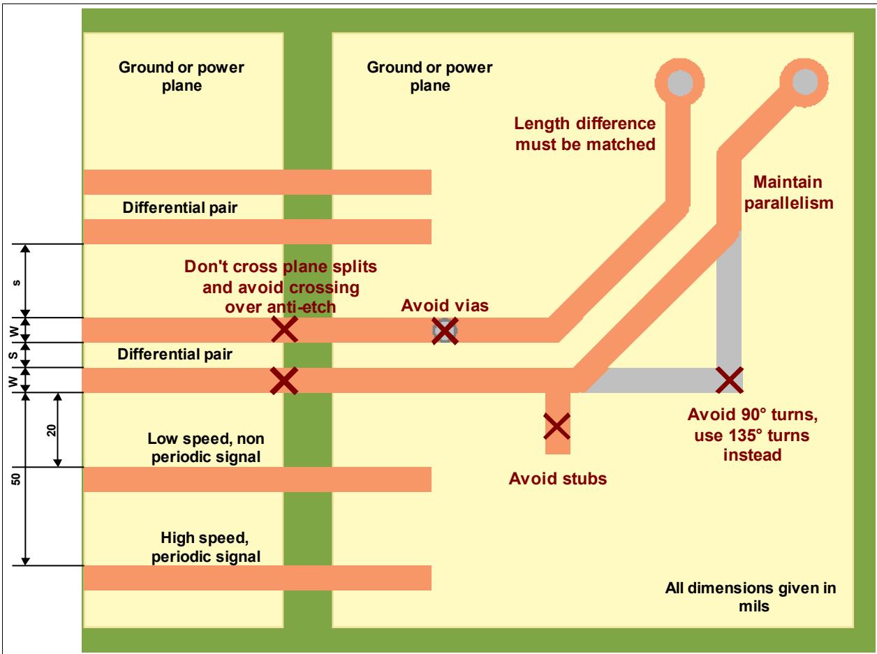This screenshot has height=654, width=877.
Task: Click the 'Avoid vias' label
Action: click(444, 306)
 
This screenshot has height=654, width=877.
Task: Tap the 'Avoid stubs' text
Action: click(557, 478)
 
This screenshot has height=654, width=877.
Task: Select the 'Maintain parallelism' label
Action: click(788, 193)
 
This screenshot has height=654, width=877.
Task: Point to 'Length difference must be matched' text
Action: click(585, 134)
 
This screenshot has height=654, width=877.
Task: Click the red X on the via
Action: click(445, 331)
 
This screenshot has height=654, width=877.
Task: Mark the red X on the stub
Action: click(557, 426)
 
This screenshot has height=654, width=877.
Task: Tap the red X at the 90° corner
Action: click(729, 380)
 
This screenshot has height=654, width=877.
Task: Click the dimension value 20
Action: click(52, 430)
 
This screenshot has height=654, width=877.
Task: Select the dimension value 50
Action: click(15, 479)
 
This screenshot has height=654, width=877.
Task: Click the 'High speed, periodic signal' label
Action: click(205, 547)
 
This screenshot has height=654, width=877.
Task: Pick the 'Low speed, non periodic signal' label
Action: click(205, 447)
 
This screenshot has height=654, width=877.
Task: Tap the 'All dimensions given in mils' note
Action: click(751, 597)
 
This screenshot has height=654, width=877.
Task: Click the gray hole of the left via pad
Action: click(679, 82)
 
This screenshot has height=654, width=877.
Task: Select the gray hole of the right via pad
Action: click(804, 82)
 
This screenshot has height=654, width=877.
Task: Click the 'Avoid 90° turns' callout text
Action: click(752, 415)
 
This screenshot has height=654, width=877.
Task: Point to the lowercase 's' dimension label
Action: click(16, 283)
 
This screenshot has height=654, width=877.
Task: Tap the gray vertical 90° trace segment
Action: click(729, 299)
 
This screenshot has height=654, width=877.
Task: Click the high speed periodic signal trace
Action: click(257, 578)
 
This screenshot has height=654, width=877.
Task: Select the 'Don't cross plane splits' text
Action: click(281, 267)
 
